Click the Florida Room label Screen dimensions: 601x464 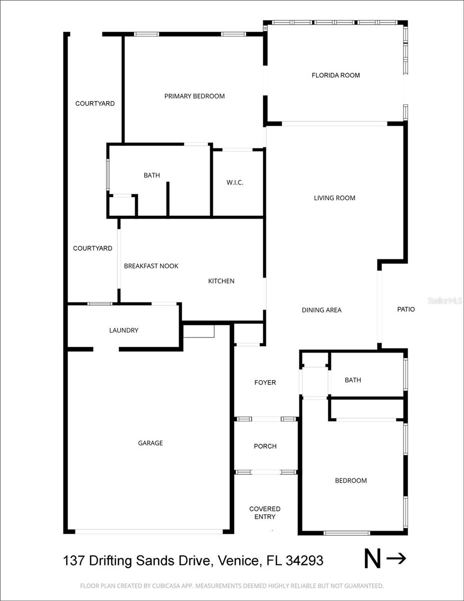(335, 76)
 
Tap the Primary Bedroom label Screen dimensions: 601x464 (194, 96)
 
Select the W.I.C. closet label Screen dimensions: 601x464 (235, 183)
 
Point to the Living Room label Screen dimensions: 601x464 (334, 198)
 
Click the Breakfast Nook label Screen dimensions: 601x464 (151, 266)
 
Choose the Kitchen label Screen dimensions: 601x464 (221, 281)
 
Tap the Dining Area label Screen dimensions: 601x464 (321, 310)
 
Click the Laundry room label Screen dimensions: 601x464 (124, 331)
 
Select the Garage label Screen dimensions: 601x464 (150, 443)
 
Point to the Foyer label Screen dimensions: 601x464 (265, 383)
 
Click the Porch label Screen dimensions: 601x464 (265, 446)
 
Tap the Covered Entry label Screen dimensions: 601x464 (265, 513)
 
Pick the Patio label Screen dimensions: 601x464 (406, 310)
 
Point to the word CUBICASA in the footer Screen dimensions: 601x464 (197, 585)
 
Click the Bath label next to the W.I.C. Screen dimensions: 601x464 (152, 175)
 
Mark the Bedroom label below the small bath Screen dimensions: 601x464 (350, 481)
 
